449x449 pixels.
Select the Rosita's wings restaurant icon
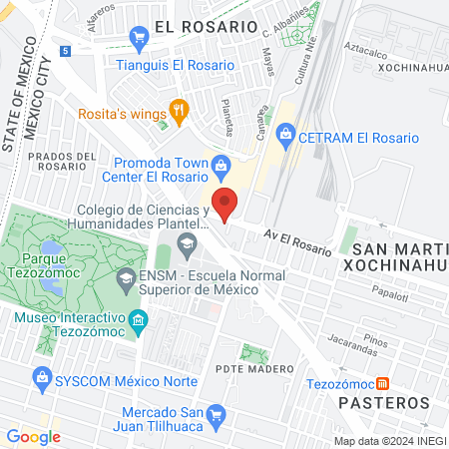tap(179, 112)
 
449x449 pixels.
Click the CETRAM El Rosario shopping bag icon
tap(285, 132)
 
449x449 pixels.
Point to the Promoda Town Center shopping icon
tap(222, 165)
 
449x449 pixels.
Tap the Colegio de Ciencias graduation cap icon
tap(186, 242)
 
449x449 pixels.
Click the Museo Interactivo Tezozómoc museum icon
tap(139, 320)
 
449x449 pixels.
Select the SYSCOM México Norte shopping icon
tap(41, 378)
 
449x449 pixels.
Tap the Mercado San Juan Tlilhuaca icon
tap(217, 413)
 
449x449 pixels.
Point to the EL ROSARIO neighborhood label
tap(207, 27)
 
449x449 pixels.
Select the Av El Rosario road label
tap(296, 242)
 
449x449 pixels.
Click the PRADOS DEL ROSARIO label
tap(62, 162)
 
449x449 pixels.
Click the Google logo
tap(33, 436)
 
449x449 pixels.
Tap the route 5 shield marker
tap(65, 50)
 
